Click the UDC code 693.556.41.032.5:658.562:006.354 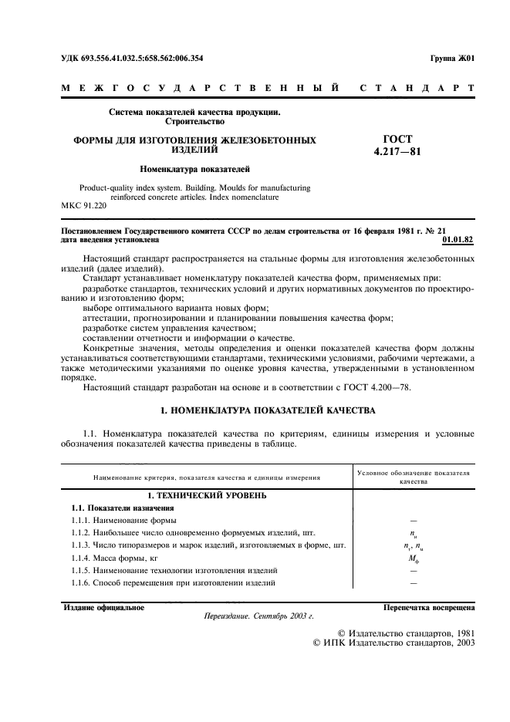click(132, 58)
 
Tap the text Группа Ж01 click(452, 58)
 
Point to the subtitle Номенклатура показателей click(194, 168)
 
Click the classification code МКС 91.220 click(83, 206)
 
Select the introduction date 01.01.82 click(459, 240)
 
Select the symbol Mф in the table click(414, 558)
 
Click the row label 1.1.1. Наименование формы click(124, 521)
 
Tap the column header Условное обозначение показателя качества click(414, 474)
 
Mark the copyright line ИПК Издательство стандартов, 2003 click(393, 643)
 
